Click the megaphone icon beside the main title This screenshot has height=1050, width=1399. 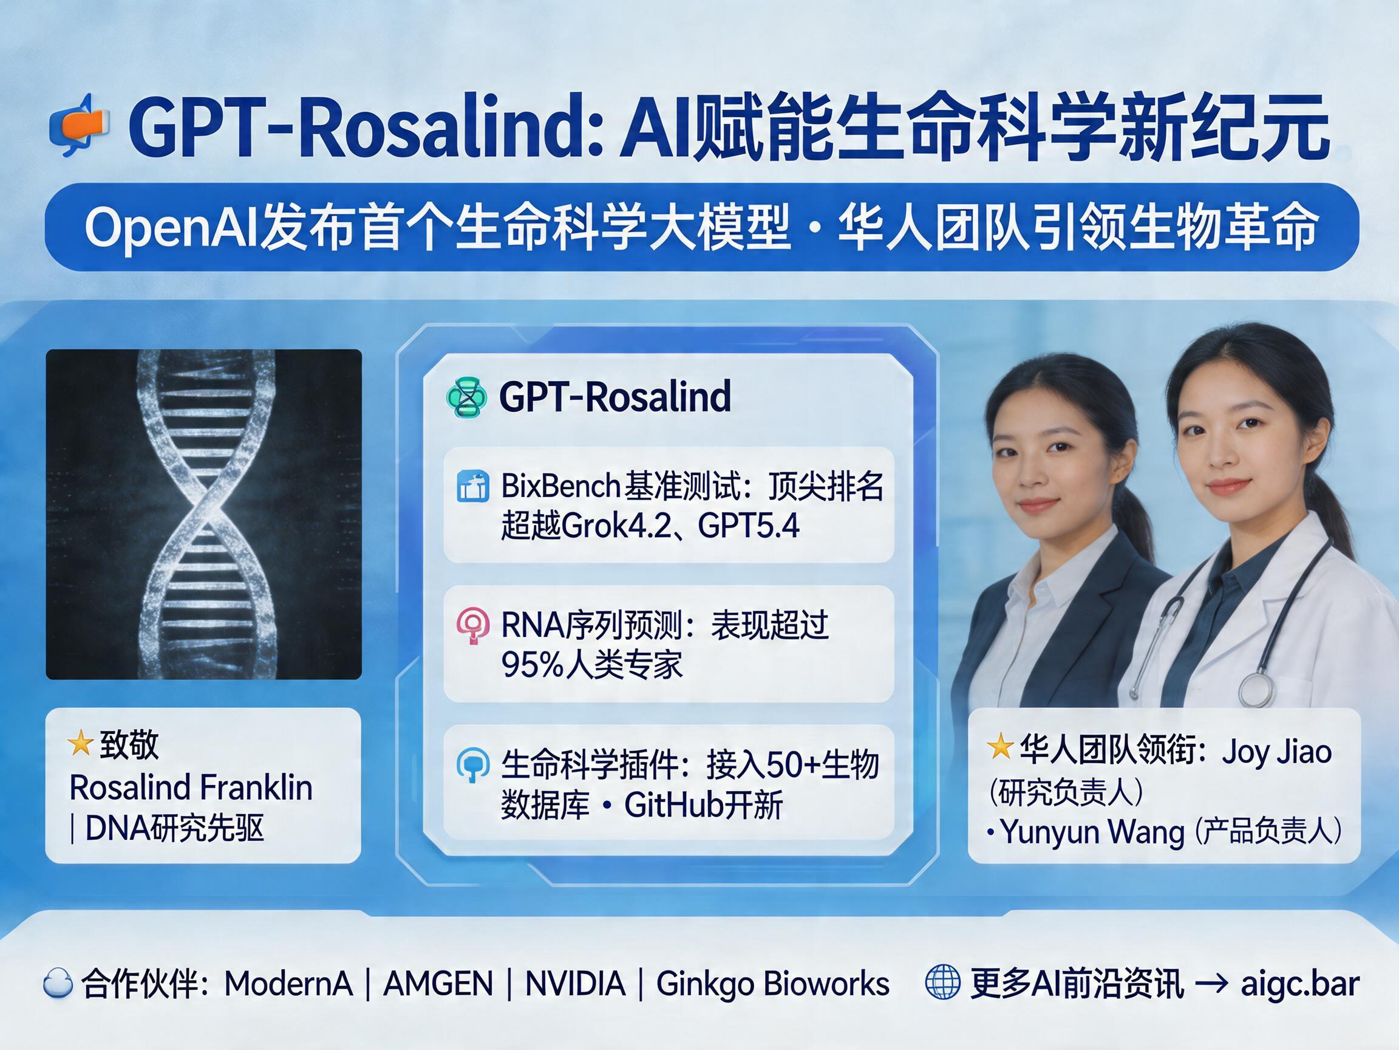coord(79,125)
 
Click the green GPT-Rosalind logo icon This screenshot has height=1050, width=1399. coord(466,397)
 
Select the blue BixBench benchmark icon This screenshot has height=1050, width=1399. coord(472,487)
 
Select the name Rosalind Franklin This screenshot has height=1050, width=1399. coord(191,787)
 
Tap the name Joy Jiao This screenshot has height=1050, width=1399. coord(1277,752)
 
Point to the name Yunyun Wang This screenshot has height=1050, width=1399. coord(1092,832)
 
